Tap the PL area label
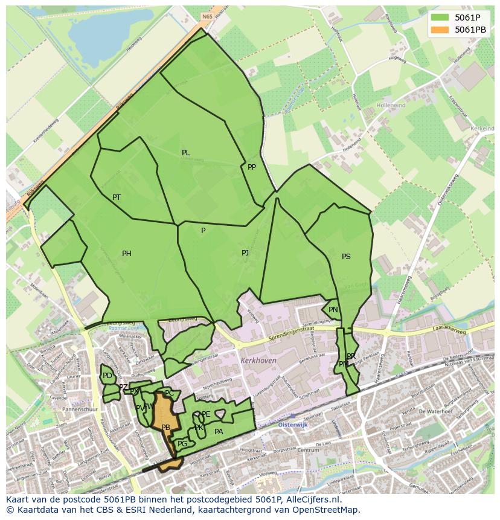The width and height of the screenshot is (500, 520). pos(186,153)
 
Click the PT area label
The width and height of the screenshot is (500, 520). pos(117,197)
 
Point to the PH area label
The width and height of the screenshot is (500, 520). pos(127,254)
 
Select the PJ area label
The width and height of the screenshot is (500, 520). pos(245,253)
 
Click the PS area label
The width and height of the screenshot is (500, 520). pos(346,257)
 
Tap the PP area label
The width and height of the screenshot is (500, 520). pos(252,167)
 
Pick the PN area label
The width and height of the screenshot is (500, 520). pos(333,310)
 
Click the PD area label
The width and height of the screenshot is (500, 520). pos(107,376)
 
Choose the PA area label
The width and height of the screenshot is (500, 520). pos(219,431)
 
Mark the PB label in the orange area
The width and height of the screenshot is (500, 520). pos(166,428)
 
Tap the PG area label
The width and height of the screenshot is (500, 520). pos(182,444)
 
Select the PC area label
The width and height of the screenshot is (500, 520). pos(169,393)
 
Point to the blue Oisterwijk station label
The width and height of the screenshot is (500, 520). pos(294,425)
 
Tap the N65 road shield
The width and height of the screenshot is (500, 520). pos(208,17)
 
